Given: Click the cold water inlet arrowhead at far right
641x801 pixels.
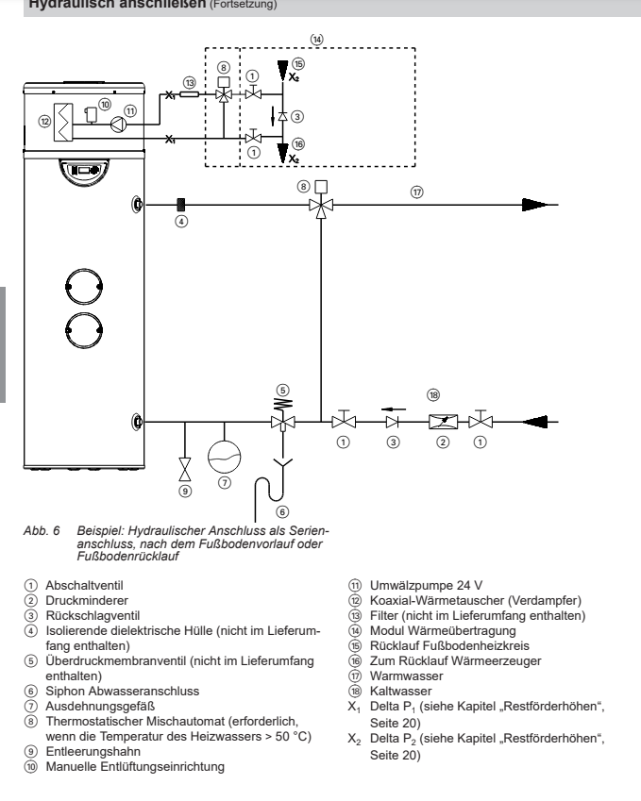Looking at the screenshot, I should pyautogui.click(x=545, y=422).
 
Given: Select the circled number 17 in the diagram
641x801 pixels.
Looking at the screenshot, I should pyautogui.click(x=416, y=190).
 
